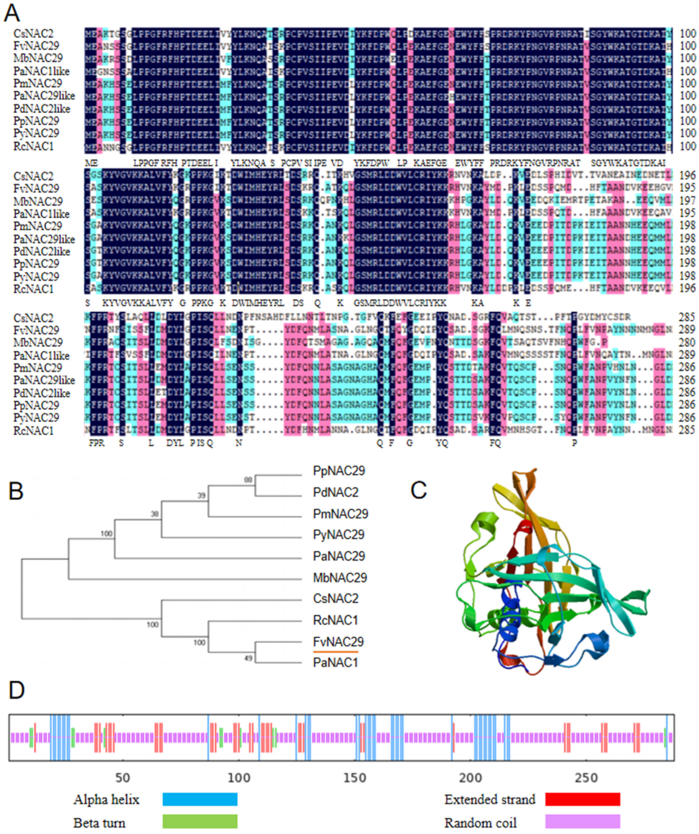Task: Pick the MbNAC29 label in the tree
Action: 340,577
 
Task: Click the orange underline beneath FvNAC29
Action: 335,652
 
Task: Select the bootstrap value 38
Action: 154,514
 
